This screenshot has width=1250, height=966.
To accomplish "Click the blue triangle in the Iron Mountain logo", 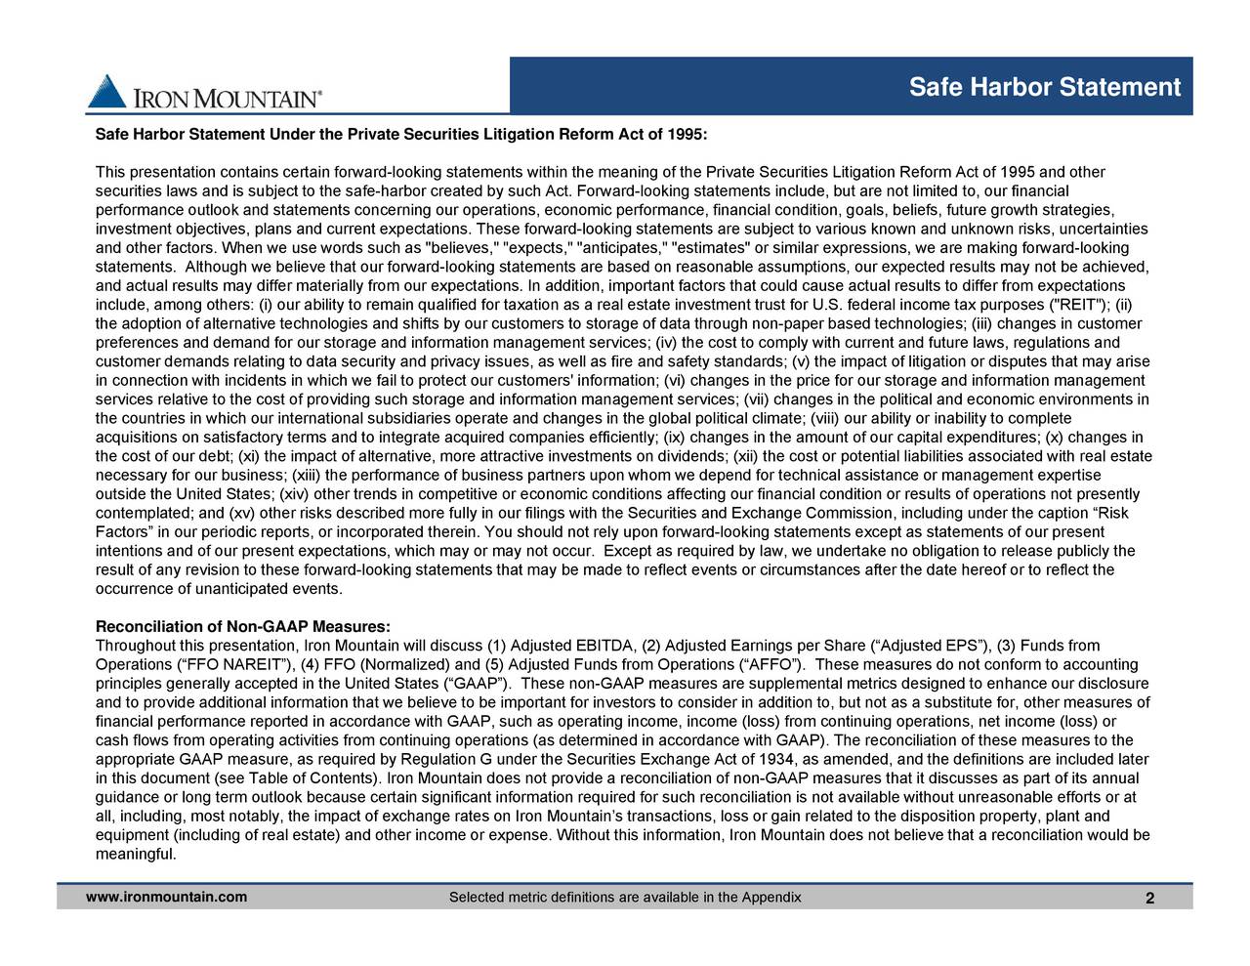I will pos(106,93).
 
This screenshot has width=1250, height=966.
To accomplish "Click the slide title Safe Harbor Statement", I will pos(1045,88).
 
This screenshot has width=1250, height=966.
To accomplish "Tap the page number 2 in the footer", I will pos(1150,900).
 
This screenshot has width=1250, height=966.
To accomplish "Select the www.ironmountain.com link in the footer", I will pos(166,898).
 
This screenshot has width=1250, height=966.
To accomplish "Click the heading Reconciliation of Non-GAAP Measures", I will pos(243,626).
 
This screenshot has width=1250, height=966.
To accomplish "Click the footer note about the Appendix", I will pos(625,898).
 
